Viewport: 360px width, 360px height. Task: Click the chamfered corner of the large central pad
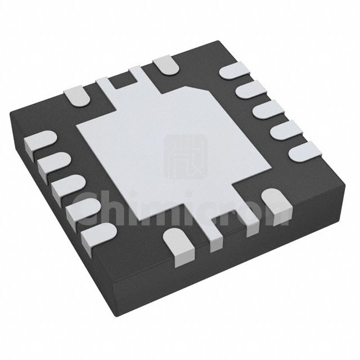tap(199, 89)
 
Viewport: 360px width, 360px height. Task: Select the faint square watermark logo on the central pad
tap(186, 157)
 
